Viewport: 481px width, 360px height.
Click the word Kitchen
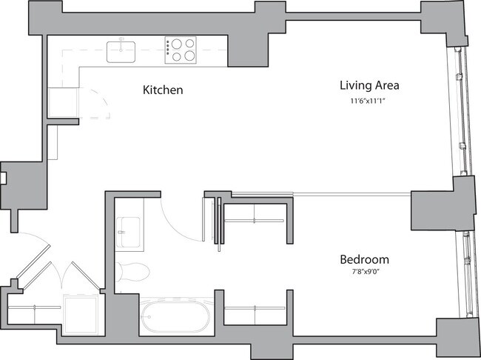(162, 90)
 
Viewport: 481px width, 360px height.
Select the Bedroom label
(364, 260)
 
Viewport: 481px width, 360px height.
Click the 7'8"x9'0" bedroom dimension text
(364, 273)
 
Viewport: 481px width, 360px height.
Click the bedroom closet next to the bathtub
(254, 316)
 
